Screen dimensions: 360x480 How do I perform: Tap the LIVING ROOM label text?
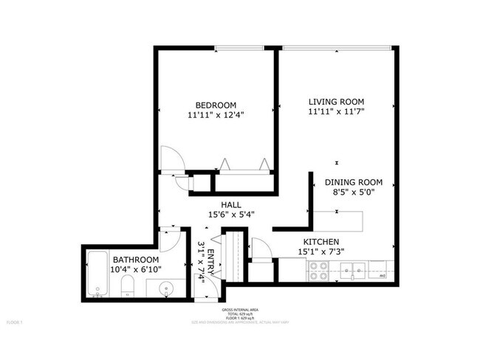pos(337,101)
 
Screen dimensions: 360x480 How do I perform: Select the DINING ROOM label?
pos(354,182)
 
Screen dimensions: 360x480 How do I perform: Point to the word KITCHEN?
pos(320,241)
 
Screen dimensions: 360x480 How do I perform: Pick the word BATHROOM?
pos(135,260)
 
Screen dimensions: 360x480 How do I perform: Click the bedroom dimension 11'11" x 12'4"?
pos(216,114)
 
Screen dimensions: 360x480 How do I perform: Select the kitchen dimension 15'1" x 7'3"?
pos(320,252)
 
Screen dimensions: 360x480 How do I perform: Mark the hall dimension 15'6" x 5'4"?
pos(231,215)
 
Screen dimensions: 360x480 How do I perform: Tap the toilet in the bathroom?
pos(127,288)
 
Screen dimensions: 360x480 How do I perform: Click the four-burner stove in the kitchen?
pos(320,272)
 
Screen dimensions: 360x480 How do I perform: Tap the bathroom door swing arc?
pos(169,237)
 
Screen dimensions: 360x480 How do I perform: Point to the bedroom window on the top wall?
pos(239,50)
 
